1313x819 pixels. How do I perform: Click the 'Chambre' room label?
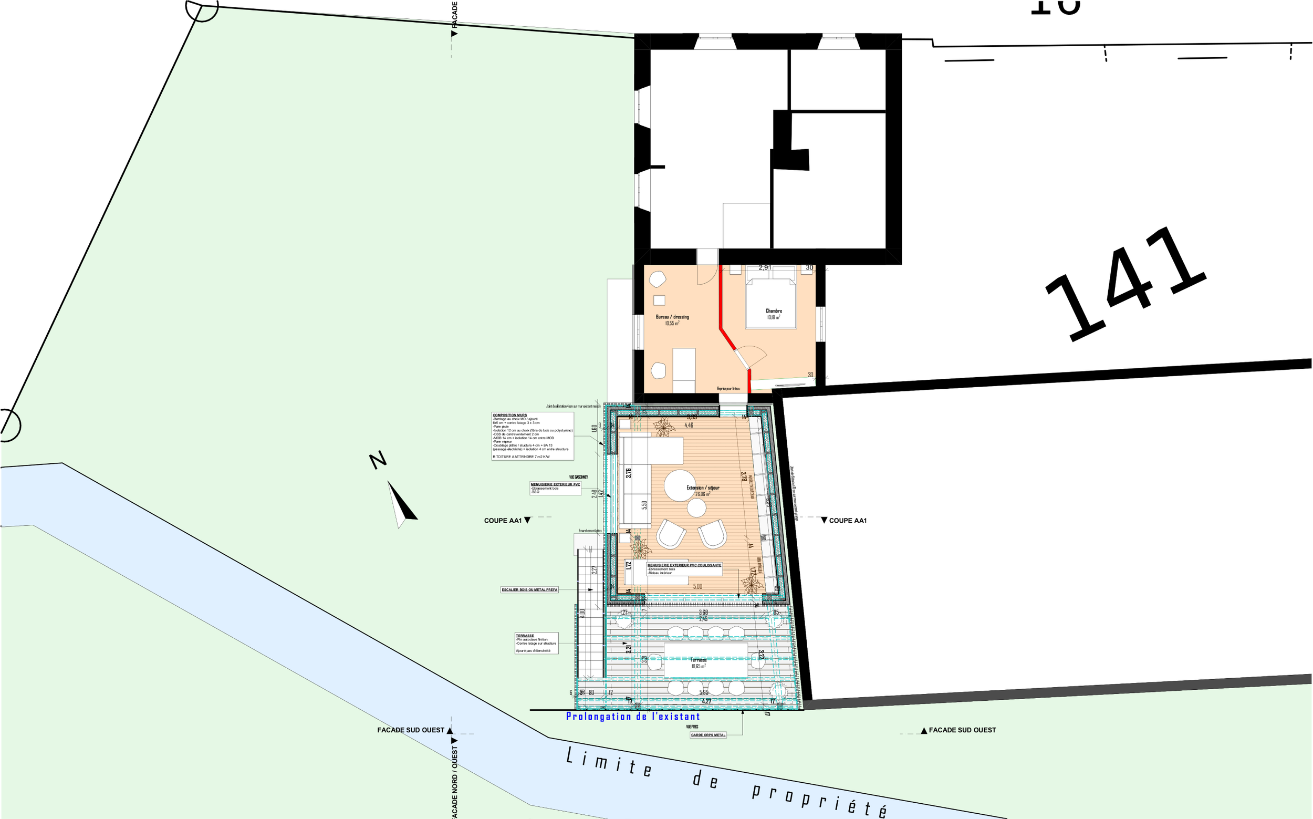(x=774, y=311)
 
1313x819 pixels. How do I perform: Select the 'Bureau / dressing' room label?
(x=672, y=317)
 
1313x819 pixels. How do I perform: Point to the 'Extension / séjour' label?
(x=703, y=488)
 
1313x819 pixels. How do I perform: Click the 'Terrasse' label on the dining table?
(x=699, y=660)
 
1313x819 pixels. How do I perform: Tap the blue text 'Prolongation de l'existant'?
(x=633, y=717)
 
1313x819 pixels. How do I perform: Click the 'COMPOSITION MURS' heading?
(x=509, y=416)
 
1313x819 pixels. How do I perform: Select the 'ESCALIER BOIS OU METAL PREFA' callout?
(x=529, y=589)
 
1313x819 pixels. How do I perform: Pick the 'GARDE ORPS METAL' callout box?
(x=707, y=735)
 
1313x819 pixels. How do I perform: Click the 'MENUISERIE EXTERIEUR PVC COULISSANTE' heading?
(x=684, y=565)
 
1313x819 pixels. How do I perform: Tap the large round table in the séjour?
(x=680, y=485)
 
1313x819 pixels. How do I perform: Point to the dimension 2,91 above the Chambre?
(x=765, y=267)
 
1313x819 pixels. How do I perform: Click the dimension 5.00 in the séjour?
(x=697, y=587)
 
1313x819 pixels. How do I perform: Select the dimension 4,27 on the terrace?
(x=706, y=701)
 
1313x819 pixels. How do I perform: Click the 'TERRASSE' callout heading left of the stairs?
(x=525, y=636)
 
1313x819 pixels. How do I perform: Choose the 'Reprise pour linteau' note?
(x=728, y=388)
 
